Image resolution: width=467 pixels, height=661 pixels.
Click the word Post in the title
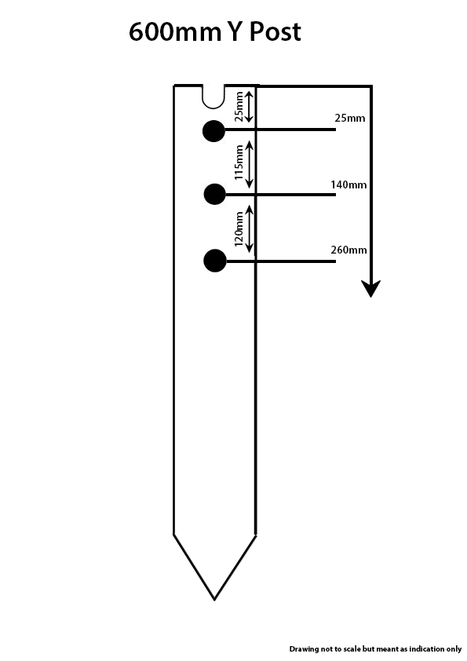tap(275, 31)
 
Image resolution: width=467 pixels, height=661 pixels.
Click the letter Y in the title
tap(235, 31)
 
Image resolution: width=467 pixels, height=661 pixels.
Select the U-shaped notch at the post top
tap(213, 98)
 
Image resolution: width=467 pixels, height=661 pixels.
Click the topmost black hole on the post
tap(213, 131)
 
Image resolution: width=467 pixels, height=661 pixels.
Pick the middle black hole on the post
tap(214, 195)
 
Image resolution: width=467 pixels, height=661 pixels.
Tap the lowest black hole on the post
tap(215, 261)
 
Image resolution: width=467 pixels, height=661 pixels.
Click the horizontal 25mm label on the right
tap(350, 118)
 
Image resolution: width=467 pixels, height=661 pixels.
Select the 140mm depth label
tap(348, 184)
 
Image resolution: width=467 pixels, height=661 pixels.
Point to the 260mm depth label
tap(348, 250)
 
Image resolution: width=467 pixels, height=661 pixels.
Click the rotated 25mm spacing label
tap(239, 107)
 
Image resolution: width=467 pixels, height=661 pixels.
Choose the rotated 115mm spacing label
tap(239, 163)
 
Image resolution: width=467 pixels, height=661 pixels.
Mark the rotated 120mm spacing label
tap(239, 229)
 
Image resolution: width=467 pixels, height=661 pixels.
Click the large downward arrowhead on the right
tap(371, 288)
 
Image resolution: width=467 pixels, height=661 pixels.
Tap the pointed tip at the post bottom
tap(214, 600)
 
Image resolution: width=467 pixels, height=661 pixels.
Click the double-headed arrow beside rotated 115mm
tap(250, 164)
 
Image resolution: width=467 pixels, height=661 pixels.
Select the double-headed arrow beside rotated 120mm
tap(250, 229)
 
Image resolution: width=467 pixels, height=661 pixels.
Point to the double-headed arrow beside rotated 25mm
tap(250, 107)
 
